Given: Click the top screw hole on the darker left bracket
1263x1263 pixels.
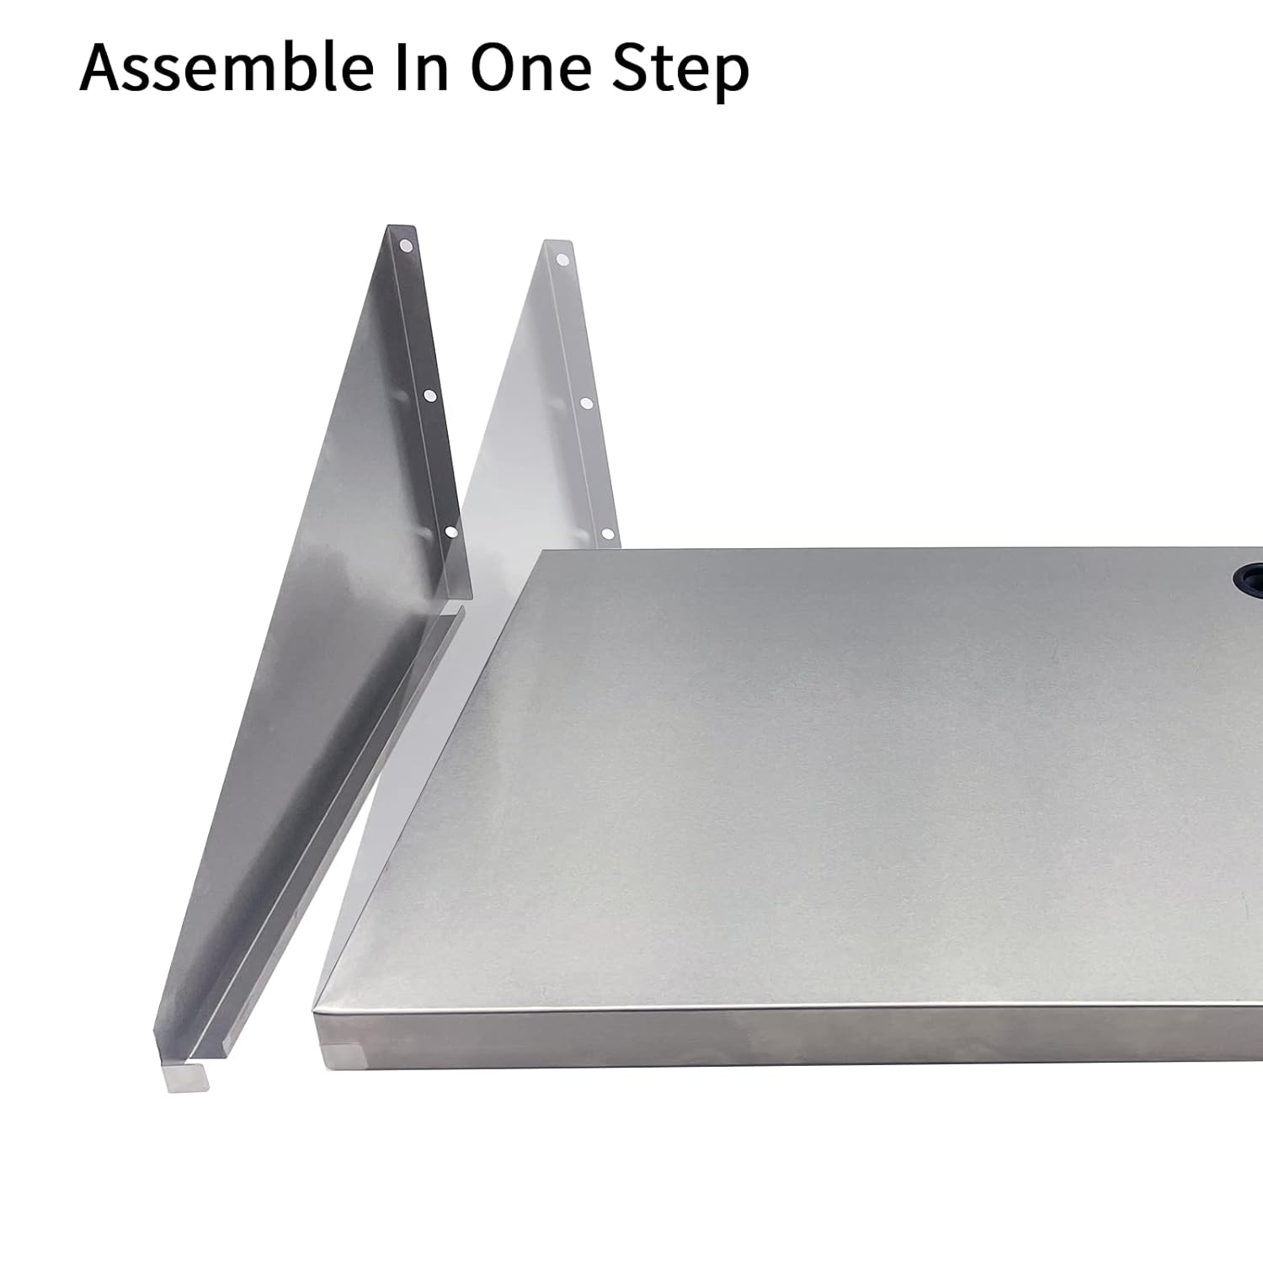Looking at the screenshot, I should coord(407,247).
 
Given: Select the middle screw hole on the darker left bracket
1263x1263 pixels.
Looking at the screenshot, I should coord(429,394).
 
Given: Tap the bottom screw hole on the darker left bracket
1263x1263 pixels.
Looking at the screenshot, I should coord(450,532).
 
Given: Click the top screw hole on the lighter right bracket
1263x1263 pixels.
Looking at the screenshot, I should coord(563,259).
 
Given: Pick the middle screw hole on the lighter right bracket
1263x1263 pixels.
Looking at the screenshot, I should coord(586,404).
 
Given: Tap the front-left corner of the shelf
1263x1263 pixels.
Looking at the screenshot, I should coord(317,1010).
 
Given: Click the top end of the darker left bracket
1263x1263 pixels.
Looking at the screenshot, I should coord(402,229).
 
